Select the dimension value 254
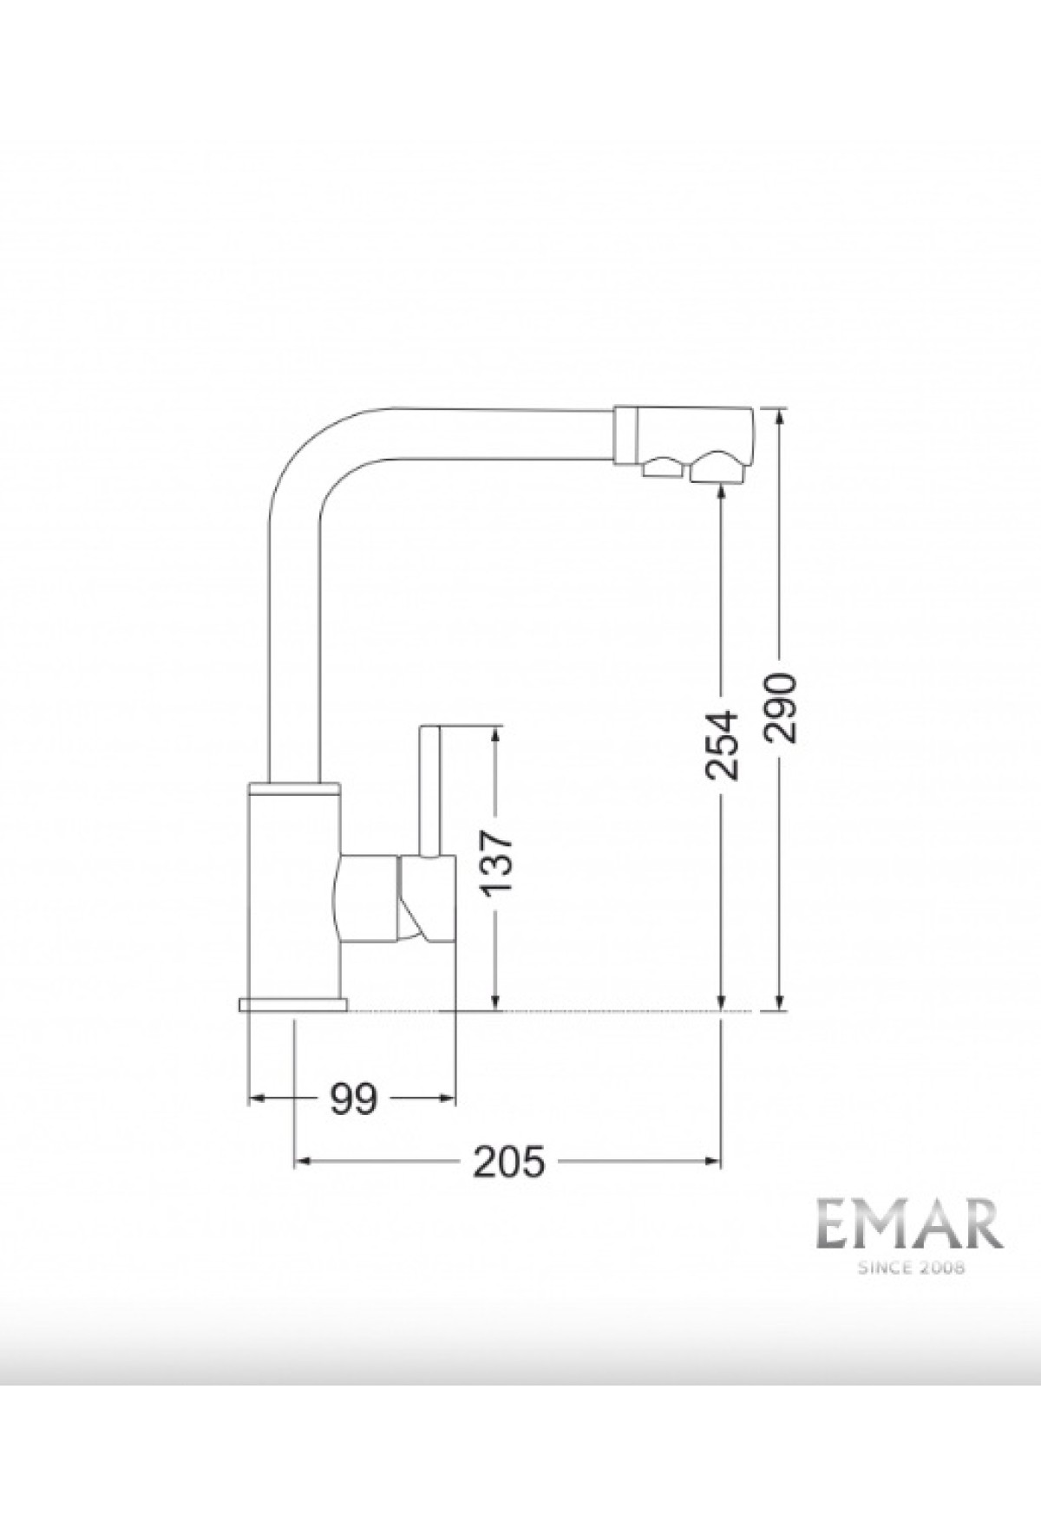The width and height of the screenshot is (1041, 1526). (721, 745)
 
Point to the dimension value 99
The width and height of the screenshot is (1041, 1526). (353, 1099)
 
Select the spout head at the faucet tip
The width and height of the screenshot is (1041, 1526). (685, 444)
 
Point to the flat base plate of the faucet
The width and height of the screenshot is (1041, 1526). (291, 1004)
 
